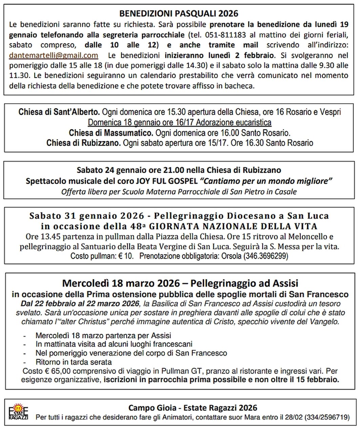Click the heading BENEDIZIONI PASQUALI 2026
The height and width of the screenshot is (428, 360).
coord(179,14)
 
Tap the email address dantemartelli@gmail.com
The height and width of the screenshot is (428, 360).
coord(54,55)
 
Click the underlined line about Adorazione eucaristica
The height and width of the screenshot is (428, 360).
coord(179,122)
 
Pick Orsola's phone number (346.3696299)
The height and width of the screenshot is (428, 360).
coord(265,256)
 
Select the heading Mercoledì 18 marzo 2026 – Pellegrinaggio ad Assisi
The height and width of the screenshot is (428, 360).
coord(180,283)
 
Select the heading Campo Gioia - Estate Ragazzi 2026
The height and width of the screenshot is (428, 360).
coord(193,408)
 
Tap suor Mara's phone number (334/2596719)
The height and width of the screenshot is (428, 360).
coord(327,417)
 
